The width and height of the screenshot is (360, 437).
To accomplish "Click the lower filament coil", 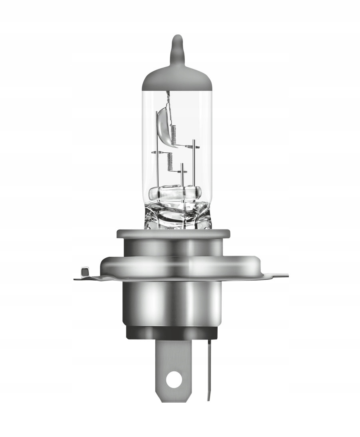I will pyautogui.click(x=170, y=161).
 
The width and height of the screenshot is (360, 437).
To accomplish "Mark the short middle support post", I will pyautogui.click(x=182, y=176).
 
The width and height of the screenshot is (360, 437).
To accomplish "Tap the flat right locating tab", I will pyautogui.click(x=276, y=275).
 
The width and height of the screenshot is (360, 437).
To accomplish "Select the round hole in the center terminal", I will pyautogui.click(x=173, y=379).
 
